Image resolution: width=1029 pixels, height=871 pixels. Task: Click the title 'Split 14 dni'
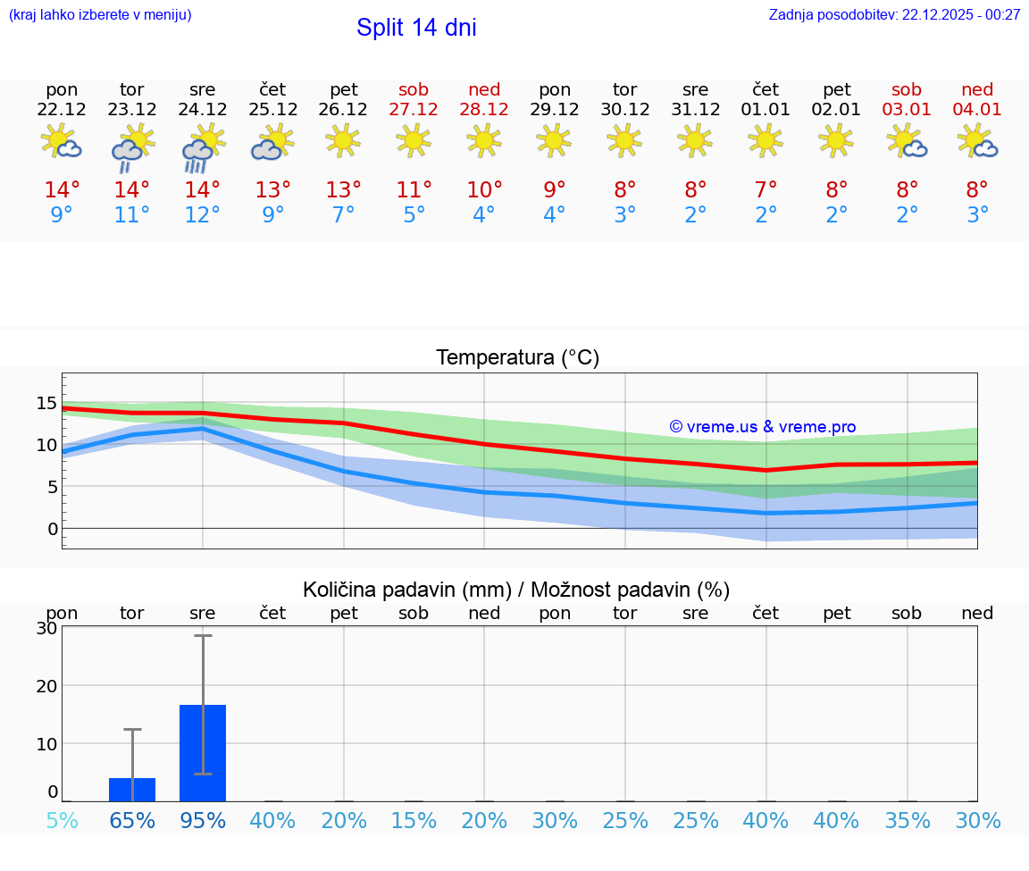[x=416, y=28]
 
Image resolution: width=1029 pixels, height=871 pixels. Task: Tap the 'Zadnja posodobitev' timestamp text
[x=894, y=14]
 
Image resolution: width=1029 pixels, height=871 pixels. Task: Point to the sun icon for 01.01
[x=765, y=140]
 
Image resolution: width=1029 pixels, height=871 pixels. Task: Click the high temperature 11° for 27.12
[x=414, y=190]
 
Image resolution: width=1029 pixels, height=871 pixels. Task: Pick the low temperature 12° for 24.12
[x=202, y=215]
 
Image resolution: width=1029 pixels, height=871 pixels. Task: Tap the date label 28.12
[x=484, y=110]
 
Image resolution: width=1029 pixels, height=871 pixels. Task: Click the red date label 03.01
[x=907, y=110]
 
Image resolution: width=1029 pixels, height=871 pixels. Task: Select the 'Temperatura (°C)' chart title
[x=517, y=358]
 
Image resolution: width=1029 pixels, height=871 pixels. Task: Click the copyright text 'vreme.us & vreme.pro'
[x=762, y=427]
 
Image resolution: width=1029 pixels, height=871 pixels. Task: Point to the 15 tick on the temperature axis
[x=46, y=403]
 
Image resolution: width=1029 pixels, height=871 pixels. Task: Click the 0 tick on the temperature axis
[x=52, y=529]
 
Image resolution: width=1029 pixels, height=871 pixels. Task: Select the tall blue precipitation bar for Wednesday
[x=203, y=752]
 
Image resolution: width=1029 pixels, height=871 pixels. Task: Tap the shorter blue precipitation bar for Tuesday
[x=132, y=790]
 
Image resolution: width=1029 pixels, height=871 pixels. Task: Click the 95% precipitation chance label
[x=203, y=821]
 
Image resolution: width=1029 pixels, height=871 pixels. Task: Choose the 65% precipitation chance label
[x=132, y=821]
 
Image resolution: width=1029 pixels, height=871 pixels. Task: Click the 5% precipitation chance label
[x=62, y=821]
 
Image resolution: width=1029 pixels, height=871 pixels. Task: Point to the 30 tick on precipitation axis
[x=46, y=628]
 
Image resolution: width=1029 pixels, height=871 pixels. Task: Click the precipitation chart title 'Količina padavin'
[x=406, y=590]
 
